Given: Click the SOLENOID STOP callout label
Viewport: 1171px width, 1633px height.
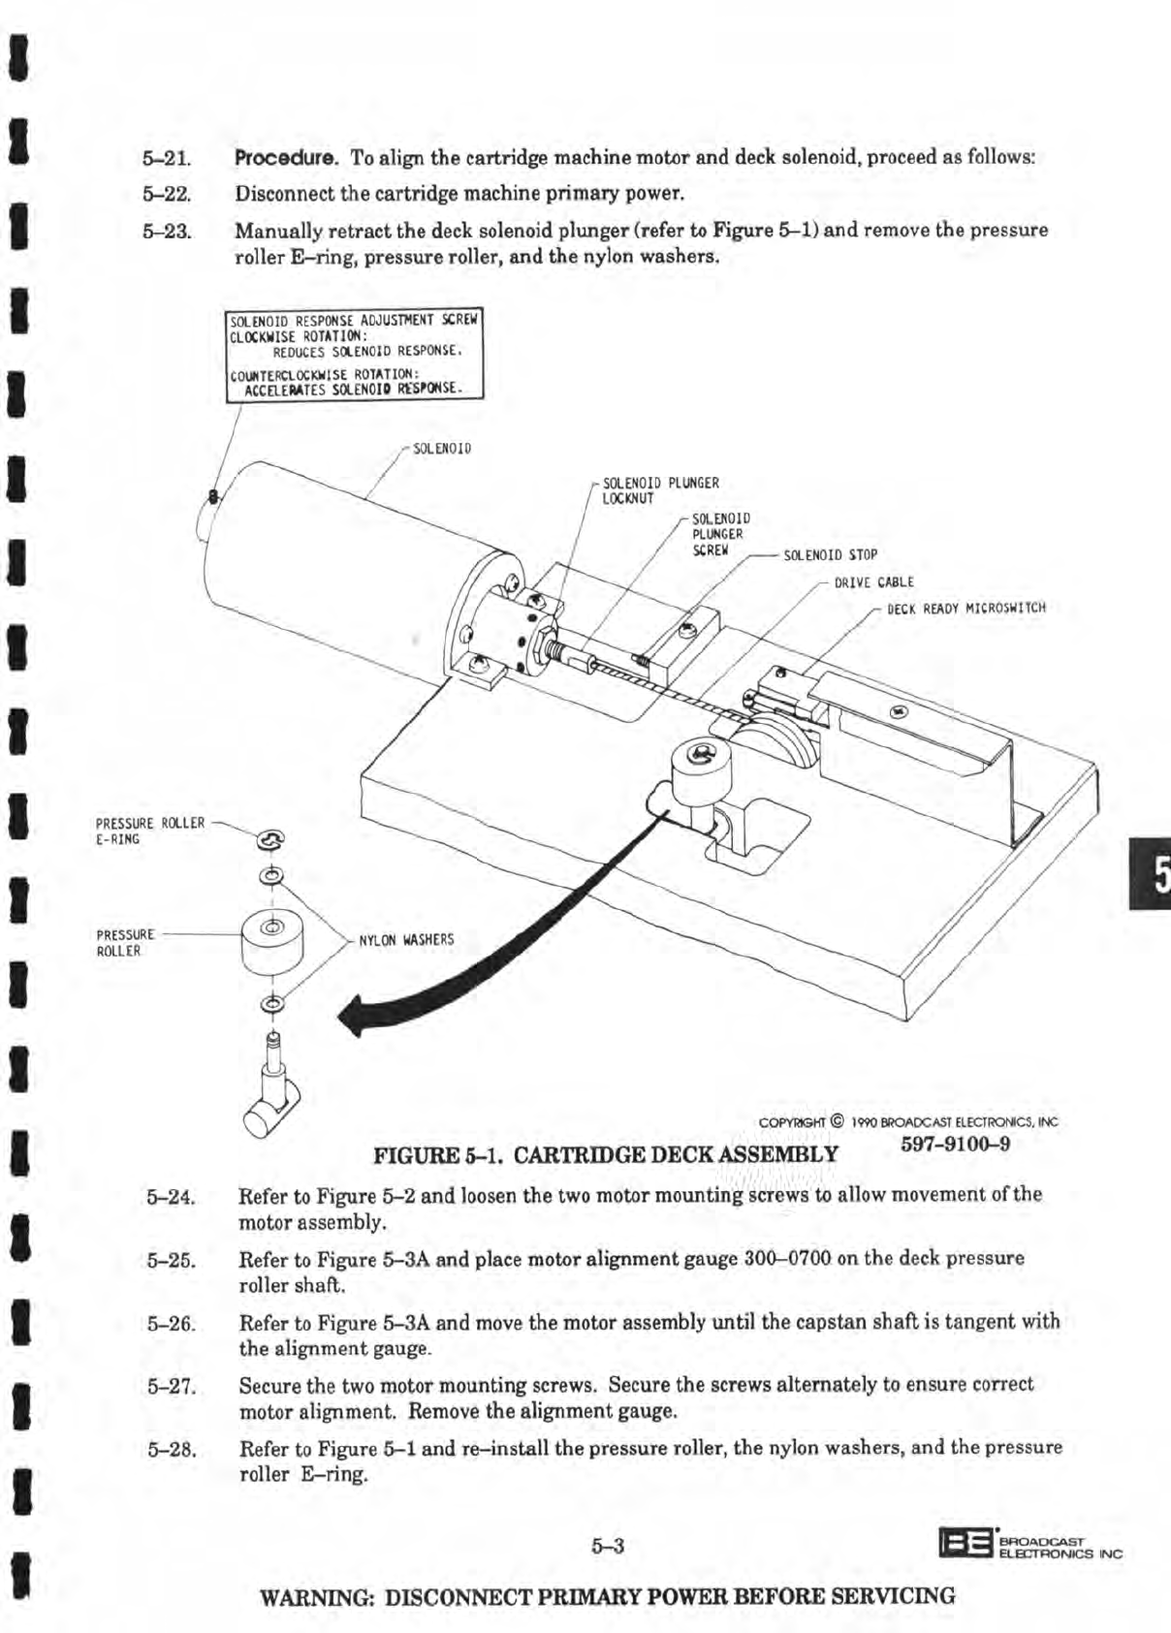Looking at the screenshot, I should [x=830, y=555].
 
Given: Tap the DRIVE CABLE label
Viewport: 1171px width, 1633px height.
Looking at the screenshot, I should [x=873, y=582].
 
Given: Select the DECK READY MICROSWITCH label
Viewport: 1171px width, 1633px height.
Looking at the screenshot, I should [x=966, y=609].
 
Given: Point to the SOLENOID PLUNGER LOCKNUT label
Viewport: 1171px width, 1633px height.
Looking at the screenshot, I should [x=660, y=490].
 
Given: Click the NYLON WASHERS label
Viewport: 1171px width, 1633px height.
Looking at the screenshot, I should [x=406, y=940].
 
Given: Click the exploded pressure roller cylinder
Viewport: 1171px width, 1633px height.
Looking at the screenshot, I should [x=272, y=942].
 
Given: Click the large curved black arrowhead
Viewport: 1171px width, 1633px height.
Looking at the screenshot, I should [x=360, y=1016].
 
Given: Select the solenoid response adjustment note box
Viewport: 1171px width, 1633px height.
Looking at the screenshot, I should [x=354, y=354].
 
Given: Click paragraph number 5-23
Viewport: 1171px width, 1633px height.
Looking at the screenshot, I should [x=168, y=232].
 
